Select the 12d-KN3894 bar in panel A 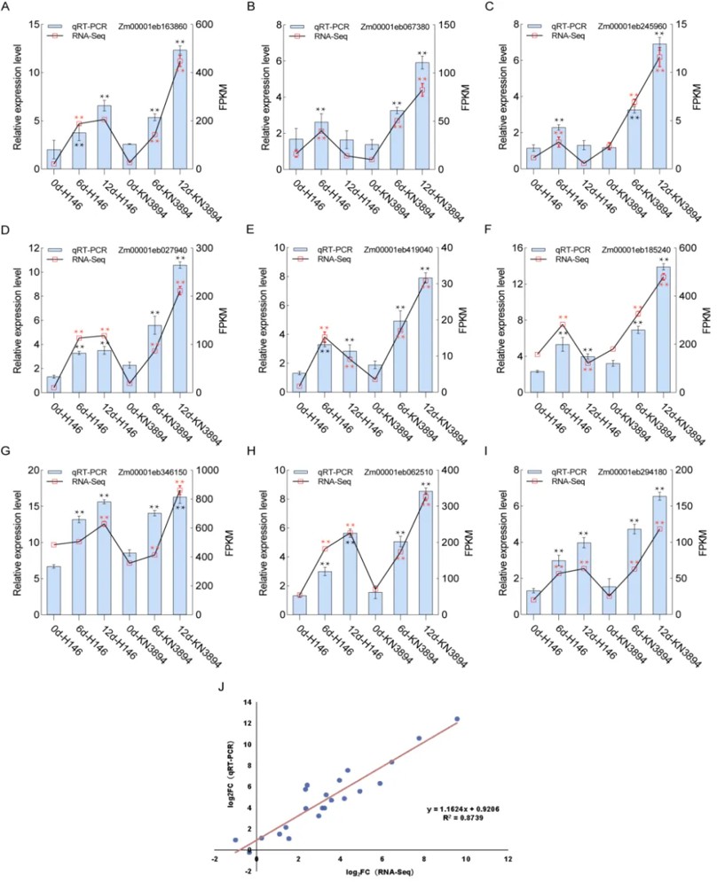click(179, 110)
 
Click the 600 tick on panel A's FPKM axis click(209, 24)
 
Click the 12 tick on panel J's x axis click(507, 860)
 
